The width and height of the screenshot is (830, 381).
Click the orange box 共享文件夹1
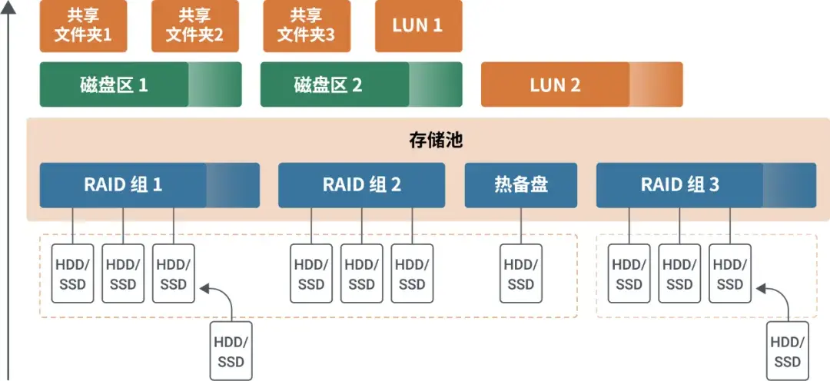click(x=83, y=26)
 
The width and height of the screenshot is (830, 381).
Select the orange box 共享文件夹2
click(x=195, y=26)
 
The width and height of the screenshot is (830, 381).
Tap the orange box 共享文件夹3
click(x=306, y=26)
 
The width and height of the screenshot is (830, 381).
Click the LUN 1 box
click(x=418, y=26)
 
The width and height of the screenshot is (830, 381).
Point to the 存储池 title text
click(x=435, y=141)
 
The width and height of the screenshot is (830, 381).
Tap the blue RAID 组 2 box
click(x=361, y=185)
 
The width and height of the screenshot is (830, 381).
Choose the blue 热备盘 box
click(x=520, y=185)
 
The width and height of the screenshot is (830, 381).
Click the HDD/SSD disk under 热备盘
click(x=520, y=274)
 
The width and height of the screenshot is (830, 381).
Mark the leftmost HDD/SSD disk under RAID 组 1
click(x=72, y=274)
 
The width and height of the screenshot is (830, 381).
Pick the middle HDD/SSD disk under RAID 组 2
click(x=361, y=274)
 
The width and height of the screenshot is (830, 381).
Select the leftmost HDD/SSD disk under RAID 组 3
click(x=629, y=274)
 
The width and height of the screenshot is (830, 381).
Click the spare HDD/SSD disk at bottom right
click(x=788, y=351)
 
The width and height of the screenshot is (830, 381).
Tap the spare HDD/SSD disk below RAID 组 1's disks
click(x=231, y=351)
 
